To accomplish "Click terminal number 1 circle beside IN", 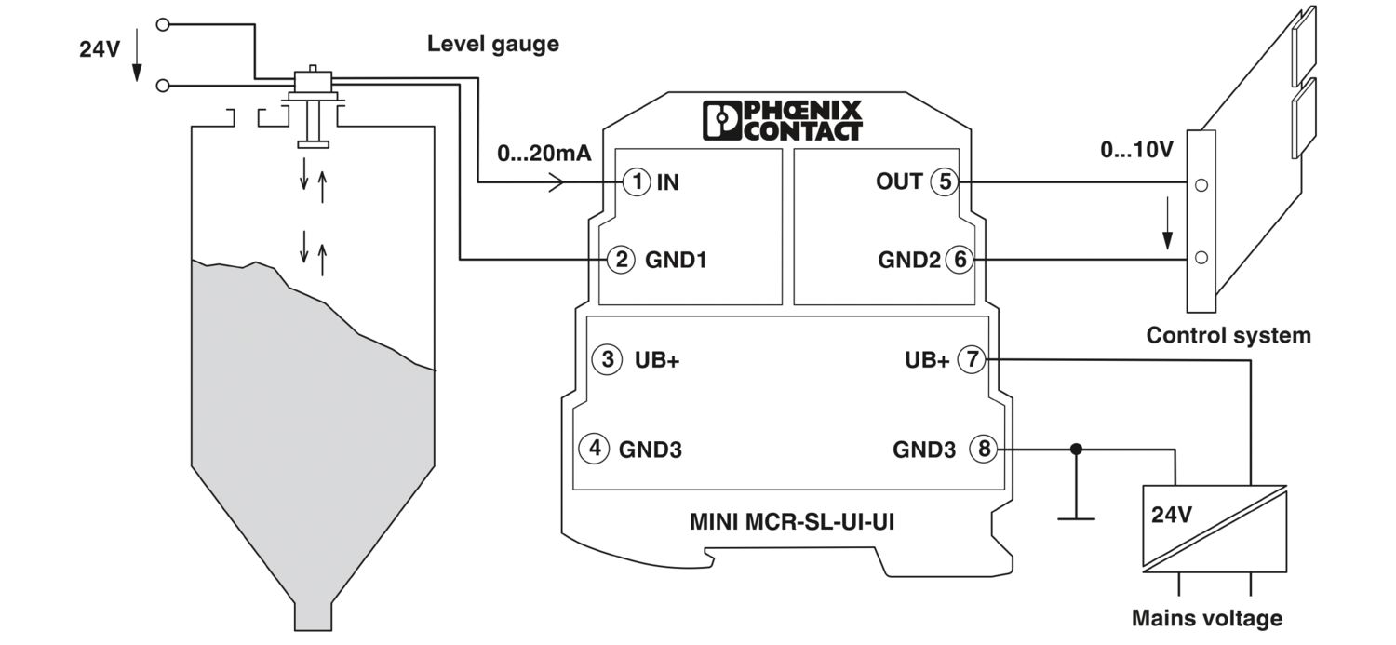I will point(636,181).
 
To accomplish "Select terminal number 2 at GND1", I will point(621,260).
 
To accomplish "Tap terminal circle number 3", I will point(608,359).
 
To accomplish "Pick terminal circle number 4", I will point(593,449).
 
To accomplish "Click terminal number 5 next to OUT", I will point(945,181).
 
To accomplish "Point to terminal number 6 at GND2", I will point(959,260).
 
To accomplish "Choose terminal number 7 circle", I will point(972,359).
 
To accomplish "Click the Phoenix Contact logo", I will point(783,121).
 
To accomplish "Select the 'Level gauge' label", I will point(492,44).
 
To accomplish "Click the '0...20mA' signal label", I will point(544,154).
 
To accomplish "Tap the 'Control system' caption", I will point(1228,335).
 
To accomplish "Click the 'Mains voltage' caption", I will point(1206,618).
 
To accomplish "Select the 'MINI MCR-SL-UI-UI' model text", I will point(791,522).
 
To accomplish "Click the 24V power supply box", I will point(1215,528).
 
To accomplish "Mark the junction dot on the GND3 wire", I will point(1077,450).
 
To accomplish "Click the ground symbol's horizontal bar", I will point(1077,517).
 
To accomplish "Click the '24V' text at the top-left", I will point(100,50).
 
